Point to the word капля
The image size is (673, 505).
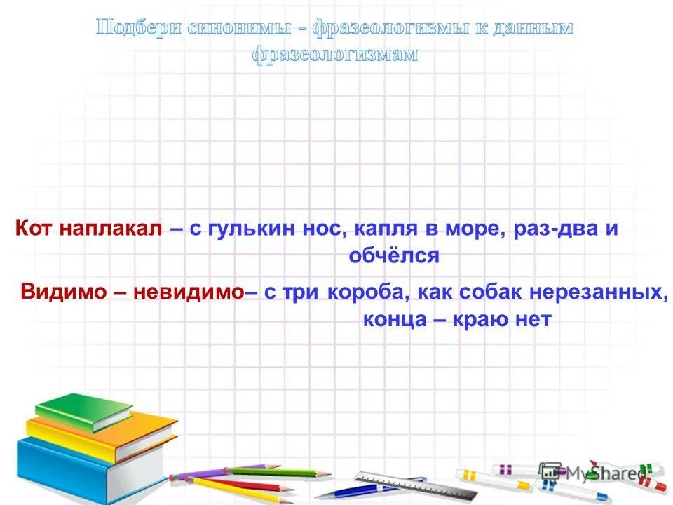click(x=383, y=229)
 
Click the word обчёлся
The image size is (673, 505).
click(x=393, y=255)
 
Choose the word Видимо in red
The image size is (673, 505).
click(x=62, y=292)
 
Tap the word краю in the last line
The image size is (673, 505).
click(x=483, y=319)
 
